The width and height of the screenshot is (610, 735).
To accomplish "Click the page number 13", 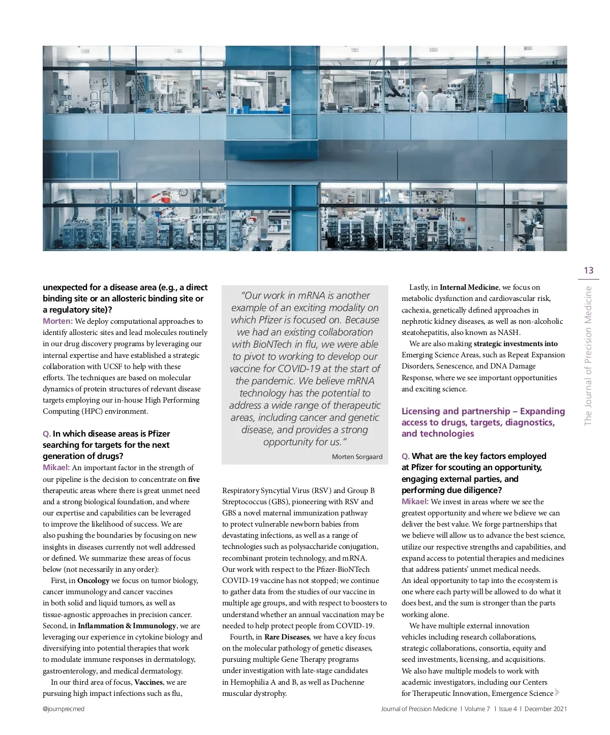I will click(x=588, y=270).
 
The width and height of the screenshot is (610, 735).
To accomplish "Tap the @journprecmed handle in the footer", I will click(x=64, y=709).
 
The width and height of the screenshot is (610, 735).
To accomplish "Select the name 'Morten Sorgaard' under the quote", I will click(x=357, y=457).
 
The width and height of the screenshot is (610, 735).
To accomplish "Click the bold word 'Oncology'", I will click(x=94, y=580).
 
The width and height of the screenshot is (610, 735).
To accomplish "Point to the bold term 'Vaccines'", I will click(x=148, y=682).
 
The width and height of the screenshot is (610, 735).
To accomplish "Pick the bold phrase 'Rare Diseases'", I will click(x=287, y=637).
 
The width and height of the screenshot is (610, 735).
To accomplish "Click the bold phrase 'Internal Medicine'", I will click(x=469, y=287).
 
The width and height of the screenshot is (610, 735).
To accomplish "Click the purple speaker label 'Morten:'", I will click(x=57, y=321).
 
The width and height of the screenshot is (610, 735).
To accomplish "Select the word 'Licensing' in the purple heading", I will click(x=420, y=411).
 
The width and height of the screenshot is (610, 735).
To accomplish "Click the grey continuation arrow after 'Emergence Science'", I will click(x=557, y=692).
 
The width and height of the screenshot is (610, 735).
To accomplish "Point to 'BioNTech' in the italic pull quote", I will click(x=271, y=345).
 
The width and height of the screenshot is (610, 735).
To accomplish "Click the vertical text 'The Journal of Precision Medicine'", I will click(x=588, y=356).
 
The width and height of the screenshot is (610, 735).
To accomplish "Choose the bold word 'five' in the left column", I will click(x=194, y=479).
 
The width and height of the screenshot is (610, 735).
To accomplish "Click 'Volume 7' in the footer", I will click(x=477, y=709).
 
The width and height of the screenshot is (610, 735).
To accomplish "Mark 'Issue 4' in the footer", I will click(x=508, y=709).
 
